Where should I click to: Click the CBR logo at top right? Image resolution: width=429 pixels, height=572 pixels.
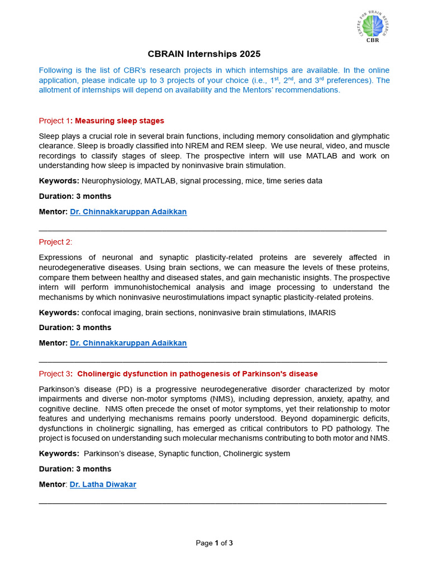point(371,27)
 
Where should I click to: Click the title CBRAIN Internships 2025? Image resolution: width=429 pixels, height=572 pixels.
point(204,54)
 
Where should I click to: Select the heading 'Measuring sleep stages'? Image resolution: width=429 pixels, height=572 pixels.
point(120,121)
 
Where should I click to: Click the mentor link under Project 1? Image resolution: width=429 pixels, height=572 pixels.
point(128,212)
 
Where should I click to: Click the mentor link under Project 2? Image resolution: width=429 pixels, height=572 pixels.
point(128,343)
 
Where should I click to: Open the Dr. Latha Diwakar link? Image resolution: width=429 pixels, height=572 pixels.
point(103,484)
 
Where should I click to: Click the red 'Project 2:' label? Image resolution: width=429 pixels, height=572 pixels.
point(55,242)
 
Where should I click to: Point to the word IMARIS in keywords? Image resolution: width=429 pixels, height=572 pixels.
point(322,313)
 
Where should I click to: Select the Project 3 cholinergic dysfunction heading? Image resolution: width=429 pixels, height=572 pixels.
point(197,374)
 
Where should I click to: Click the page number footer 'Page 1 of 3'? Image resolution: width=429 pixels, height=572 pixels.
point(214,543)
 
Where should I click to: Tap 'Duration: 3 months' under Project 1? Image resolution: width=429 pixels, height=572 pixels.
point(75,196)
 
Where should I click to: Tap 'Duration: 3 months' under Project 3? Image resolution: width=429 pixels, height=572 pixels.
point(75,469)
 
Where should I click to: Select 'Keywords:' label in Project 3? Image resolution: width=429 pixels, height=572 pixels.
point(59,454)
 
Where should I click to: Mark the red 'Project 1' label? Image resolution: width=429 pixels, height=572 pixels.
point(54,121)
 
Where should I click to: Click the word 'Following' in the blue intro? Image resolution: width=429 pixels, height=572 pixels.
point(56,70)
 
